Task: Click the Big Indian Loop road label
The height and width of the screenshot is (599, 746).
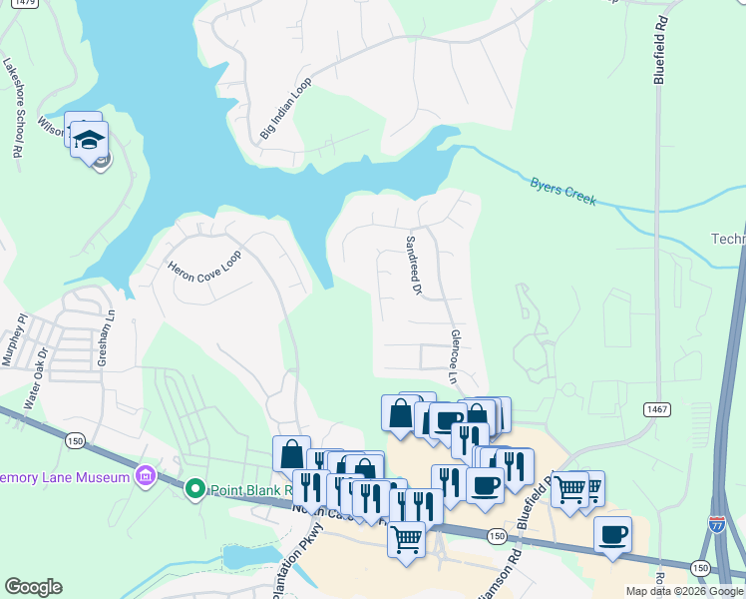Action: pos(286,109)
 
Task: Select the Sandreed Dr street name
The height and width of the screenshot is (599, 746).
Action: pos(414,267)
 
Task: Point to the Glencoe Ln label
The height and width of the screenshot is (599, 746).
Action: pos(454,357)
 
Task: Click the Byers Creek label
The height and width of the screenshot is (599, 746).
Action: pos(563,192)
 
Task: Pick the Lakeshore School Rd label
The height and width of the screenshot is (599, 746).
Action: pos(12,108)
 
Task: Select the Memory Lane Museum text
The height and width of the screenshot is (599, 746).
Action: pos(66,477)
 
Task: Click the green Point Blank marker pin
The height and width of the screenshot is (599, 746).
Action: pos(195,489)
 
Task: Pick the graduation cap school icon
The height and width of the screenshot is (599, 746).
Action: pos(89,140)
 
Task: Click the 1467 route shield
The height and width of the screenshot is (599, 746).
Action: pos(656,409)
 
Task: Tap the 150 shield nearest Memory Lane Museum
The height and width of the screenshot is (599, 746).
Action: pos(75,439)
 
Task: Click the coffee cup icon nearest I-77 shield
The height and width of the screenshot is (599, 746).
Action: pos(612,534)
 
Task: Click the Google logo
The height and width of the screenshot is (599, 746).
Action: pos(33,587)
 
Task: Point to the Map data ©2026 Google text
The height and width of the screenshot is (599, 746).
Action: pos(685,591)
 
